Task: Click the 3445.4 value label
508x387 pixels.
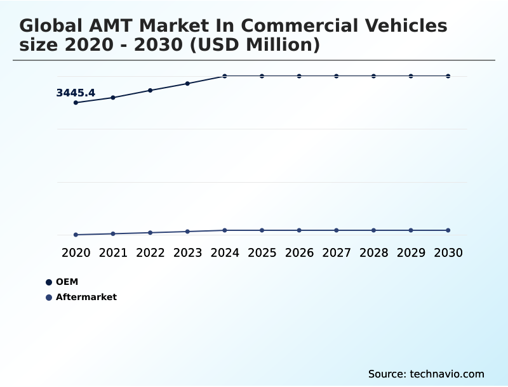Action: coord(76,93)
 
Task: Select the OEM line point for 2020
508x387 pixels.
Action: coord(76,102)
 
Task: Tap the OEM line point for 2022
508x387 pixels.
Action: coord(150,90)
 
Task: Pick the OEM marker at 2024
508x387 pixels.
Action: coord(225,76)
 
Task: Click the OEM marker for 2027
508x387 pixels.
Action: coord(337,76)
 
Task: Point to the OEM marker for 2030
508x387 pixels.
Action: coord(448,76)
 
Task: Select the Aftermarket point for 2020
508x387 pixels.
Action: coord(76,235)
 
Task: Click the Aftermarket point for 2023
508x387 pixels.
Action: coord(187,232)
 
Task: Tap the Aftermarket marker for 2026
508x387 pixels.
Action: coord(299,230)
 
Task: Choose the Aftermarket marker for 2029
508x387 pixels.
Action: coord(411,230)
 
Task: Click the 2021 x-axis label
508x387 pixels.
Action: coord(113,253)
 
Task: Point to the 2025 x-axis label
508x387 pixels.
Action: coord(262,253)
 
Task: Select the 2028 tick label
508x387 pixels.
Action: coord(373,253)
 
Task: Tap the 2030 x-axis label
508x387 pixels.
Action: coord(448,253)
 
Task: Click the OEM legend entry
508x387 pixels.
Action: coord(67,282)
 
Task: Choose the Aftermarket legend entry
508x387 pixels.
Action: coord(86,297)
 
